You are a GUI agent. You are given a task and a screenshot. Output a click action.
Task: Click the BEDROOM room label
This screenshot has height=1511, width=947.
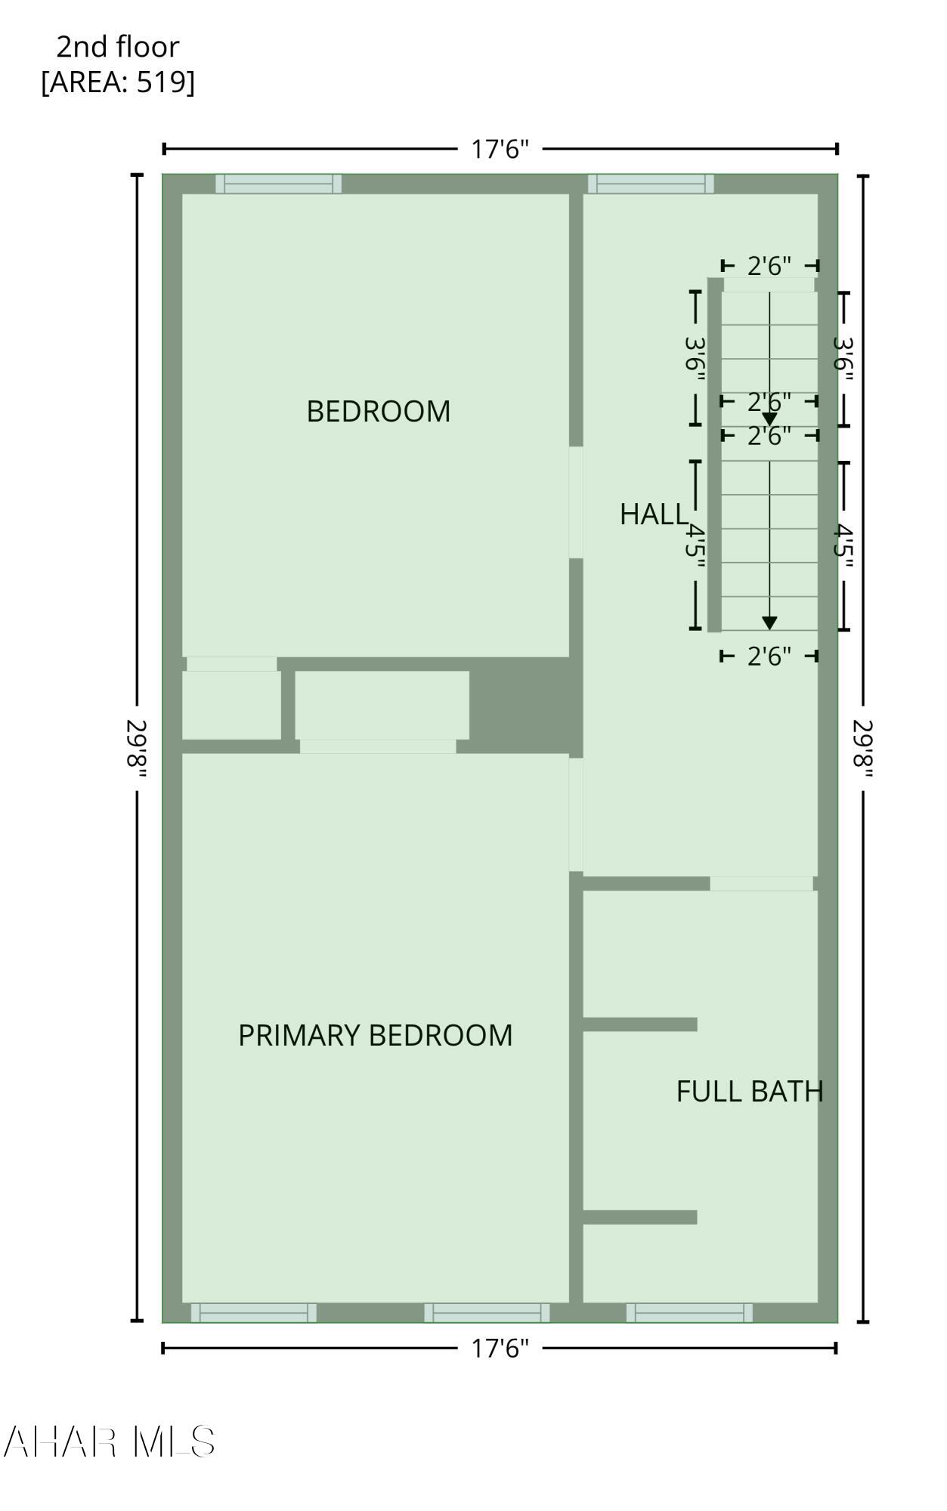379,411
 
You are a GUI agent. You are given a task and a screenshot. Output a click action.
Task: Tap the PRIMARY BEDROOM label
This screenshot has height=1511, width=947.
376,1035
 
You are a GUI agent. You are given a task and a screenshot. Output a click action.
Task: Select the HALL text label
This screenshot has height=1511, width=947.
654,514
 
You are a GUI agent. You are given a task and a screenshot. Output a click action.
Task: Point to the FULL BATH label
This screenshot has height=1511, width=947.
750,1092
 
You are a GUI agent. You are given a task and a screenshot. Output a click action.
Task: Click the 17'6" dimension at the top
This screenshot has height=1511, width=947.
500,149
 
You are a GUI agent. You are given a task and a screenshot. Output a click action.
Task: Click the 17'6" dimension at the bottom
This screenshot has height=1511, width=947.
500,1348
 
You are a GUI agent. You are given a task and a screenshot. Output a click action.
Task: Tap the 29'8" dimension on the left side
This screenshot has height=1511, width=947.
137,748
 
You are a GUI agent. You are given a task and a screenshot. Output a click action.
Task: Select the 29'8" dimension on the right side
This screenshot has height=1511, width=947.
863,748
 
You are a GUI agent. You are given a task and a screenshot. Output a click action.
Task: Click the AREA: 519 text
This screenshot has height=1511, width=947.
118,82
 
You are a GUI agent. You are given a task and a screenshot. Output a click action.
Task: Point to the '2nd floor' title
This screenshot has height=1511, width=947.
118,47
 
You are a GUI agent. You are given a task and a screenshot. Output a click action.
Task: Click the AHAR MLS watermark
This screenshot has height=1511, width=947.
110,1441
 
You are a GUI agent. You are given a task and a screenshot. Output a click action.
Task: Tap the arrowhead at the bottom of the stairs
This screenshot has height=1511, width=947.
769,623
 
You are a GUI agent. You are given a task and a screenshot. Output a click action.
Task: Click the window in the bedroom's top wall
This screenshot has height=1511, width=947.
278,184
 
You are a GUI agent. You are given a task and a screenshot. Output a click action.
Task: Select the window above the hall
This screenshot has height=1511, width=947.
651,184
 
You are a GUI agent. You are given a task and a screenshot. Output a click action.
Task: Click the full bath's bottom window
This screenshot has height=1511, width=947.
689,1312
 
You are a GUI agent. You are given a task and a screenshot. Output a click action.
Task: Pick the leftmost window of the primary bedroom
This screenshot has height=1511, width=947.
253,1312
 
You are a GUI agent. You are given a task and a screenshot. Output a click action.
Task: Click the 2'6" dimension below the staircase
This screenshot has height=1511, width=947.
769,656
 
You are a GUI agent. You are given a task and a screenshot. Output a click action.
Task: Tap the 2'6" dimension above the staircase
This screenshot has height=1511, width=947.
769,266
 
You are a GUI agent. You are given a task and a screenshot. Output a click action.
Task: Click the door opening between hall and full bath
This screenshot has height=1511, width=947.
762,884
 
